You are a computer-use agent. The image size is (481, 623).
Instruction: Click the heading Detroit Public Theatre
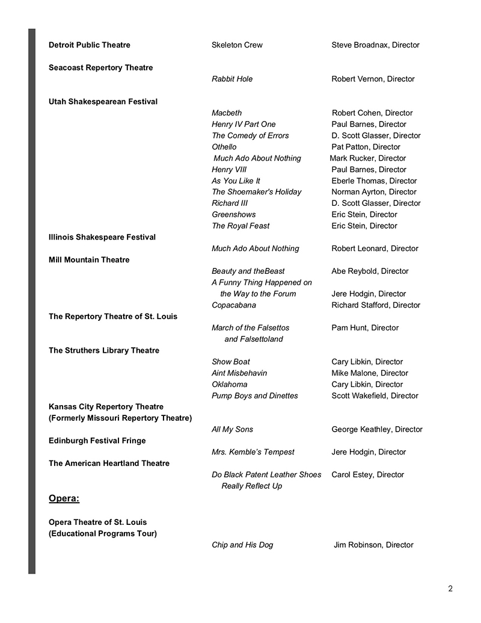[89, 45]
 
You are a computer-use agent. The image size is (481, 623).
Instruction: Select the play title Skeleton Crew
[237, 45]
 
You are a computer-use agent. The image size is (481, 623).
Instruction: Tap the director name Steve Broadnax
[375, 45]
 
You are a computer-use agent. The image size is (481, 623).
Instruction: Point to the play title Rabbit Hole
[232, 79]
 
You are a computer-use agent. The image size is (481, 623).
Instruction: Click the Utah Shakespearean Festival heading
[103, 102]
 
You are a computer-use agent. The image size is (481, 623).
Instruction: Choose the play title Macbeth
[227, 113]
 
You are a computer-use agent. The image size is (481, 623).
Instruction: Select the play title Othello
[224, 147]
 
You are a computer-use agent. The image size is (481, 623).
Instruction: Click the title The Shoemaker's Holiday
[256, 192]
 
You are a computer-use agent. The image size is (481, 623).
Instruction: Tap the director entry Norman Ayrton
[373, 192]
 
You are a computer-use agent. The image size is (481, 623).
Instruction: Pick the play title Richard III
[230, 203]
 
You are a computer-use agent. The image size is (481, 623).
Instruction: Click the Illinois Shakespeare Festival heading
[102, 237]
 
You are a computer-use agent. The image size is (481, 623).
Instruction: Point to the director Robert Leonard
[375, 249]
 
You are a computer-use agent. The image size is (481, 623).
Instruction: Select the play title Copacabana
[234, 305]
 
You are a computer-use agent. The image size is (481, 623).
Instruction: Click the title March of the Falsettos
[250, 328]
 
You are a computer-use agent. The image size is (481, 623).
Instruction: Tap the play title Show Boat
[231, 362]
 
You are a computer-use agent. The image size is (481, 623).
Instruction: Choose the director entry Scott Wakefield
[375, 396]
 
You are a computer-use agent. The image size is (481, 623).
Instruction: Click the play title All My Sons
[232, 430]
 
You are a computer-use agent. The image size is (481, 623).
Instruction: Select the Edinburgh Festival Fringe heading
[97, 441]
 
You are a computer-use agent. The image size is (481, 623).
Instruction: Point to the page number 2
[450, 589]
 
